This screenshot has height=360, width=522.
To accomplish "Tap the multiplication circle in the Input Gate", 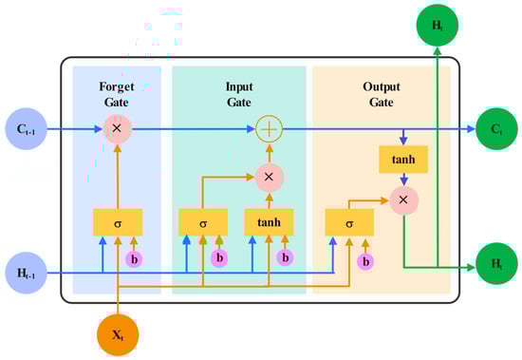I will [x=270, y=178].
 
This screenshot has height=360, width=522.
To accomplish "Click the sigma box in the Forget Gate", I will [x=118, y=222].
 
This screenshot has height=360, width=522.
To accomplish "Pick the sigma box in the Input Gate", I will [x=202, y=222].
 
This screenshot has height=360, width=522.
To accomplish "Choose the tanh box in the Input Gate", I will [x=270, y=222].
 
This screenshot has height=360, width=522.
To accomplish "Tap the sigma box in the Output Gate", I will [x=348, y=223].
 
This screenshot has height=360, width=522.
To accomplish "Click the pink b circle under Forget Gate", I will [x=135, y=258].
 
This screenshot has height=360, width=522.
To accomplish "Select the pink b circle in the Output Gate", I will [x=365, y=260].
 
